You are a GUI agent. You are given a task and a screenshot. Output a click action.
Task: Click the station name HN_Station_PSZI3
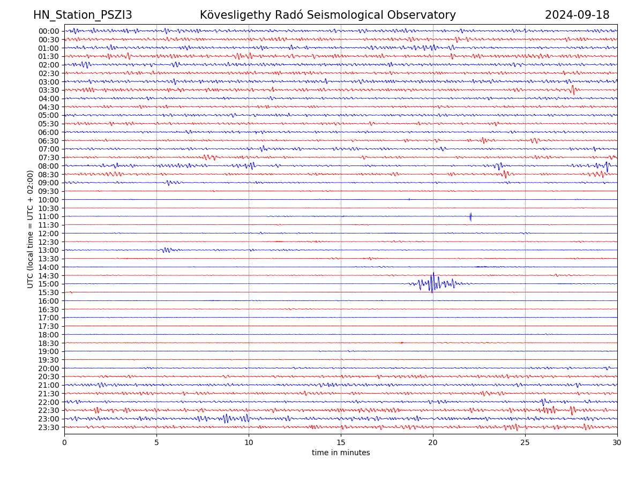click(83, 15)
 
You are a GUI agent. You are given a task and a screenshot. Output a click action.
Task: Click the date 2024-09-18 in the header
click(577, 15)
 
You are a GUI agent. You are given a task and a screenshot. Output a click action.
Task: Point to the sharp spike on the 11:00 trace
click(470, 216)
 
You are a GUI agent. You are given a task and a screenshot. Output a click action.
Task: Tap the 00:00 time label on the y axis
click(49, 31)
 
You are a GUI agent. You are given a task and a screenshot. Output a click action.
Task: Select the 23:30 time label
click(49, 427)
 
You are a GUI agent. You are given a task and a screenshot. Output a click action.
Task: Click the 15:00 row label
click(49, 284)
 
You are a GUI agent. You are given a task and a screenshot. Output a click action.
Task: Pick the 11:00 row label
click(49, 216)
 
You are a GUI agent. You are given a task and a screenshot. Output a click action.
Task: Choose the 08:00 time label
click(49, 166)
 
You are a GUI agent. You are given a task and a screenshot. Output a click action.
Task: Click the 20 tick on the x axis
click(433, 443)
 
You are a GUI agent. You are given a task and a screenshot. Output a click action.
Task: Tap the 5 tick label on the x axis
click(156, 443)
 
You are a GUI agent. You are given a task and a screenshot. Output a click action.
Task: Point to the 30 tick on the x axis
click(617, 443)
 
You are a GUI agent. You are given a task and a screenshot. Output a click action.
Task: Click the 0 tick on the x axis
click(64, 443)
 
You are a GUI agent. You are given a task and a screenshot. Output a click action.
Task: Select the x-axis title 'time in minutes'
click(341, 453)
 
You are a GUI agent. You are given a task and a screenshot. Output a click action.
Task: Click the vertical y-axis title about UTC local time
click(31, 229)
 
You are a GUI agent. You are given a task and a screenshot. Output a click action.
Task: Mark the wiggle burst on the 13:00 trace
click(166, 250)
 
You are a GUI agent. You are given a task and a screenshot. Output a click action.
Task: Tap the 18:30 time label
click(49, 343)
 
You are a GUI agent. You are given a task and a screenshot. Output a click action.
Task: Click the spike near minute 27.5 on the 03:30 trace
click(573, 89)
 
